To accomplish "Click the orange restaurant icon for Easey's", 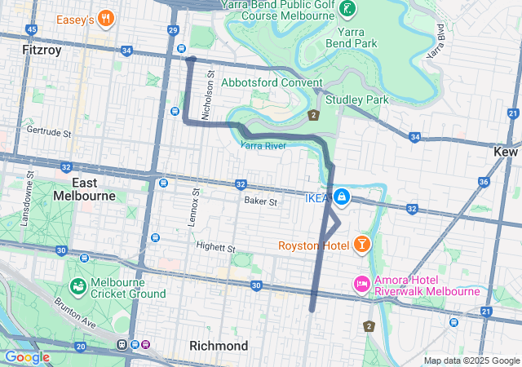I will coord(104,18).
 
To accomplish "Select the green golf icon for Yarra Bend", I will coord(348,9).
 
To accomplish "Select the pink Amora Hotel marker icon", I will coord(361,284).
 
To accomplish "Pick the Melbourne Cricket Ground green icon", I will coord(78,286).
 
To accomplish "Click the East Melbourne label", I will coord(86,189).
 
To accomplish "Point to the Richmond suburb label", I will coord(219,346).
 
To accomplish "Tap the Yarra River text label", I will coord(263,145).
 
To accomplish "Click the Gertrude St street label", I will coord(49,131).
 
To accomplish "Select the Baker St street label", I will coord(260,201).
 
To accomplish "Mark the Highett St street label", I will coord(215,246).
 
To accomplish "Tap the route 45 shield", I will coord(31,29).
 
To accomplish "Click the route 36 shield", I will coord(484,182).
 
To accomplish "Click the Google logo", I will coord(27,357).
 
